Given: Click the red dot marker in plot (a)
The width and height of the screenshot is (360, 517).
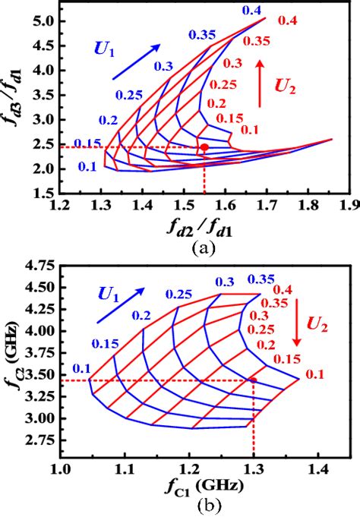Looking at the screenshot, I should coord(204,147).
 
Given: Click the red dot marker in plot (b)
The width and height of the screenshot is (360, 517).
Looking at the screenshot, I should coord(254,379).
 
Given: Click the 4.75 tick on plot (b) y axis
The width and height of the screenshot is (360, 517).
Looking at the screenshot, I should coord(37,265).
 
